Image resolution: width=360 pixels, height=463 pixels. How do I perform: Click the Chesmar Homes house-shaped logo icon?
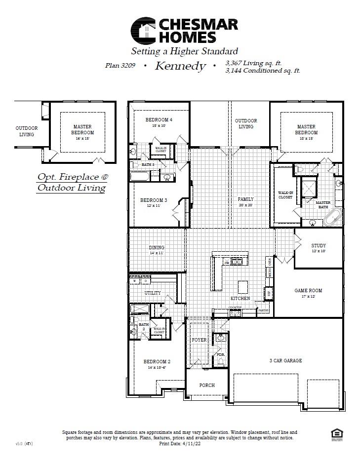tap(143, 30)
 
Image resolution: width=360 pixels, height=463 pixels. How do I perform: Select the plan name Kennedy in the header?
tap(180, 66)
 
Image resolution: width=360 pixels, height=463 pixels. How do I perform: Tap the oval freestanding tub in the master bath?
tap(334, 217)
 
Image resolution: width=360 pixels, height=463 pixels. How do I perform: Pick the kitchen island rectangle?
tap(242, 287)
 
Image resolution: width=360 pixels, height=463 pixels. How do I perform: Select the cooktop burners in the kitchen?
tap(235, 312)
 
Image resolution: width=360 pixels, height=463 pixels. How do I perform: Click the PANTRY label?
tap(263, 310)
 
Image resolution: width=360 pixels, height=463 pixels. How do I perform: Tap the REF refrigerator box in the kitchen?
tap(269, 293)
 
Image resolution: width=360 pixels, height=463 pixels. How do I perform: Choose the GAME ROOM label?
tap(308, 291)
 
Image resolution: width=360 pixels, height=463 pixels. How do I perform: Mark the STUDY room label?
tap(318, 245)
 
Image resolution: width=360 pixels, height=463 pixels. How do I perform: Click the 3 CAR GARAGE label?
tap(285, 360)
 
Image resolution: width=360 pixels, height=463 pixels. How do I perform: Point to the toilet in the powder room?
tap(220, 360)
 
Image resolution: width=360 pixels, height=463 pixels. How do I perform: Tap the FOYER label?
tap(199, 340)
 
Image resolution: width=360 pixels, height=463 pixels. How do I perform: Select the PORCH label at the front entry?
tap(207, 385)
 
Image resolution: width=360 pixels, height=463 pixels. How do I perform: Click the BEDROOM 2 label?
tap(156, 361)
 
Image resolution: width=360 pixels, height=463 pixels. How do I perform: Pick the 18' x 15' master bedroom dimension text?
tap(306, 139)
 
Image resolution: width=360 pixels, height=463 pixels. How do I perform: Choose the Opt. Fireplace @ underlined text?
tap(71, 176)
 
